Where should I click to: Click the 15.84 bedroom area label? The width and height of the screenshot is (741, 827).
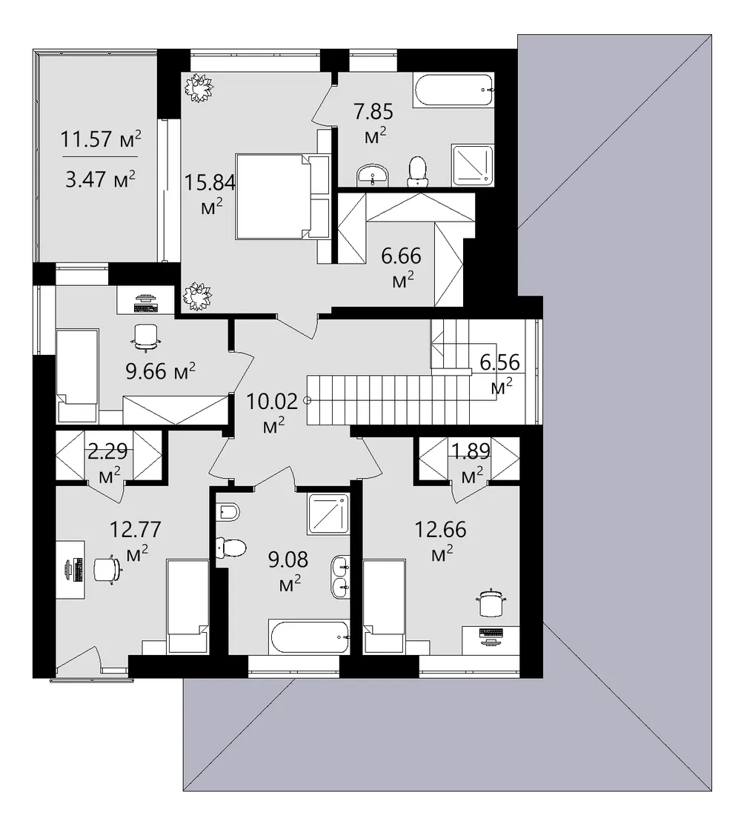tap(210, 182)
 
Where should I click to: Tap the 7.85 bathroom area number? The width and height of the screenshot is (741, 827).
tap(373, 112)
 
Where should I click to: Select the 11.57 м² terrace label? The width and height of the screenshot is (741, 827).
tap(101, 139)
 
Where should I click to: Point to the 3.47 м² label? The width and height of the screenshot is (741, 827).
tap(101, 179)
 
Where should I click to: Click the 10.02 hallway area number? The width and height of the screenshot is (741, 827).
tap(272, 402)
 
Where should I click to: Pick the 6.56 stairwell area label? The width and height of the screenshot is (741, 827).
tap(499, 363)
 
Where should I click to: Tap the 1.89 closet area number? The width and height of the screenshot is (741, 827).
tap(471, 451)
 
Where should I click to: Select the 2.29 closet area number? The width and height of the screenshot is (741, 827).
tap(107, 451)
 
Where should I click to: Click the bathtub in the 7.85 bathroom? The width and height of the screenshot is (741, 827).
tap(453, 90)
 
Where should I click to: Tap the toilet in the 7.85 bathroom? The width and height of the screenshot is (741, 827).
tap(417, 170)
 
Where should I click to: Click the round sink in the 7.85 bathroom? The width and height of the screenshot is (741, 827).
tap(373, 175)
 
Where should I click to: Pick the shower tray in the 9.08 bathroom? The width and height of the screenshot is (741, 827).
tap(328, 514)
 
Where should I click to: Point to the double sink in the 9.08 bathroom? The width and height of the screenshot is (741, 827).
tap(340, 577)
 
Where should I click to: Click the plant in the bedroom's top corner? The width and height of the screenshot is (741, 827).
tap(199, 87)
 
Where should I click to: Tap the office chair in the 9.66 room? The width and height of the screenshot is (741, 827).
tap(145, 336)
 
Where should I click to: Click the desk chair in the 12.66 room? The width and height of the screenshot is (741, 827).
tap(490, 602)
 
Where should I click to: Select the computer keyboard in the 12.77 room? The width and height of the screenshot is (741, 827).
tap(78, 569)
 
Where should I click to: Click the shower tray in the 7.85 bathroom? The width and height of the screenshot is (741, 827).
tap(472, 165)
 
